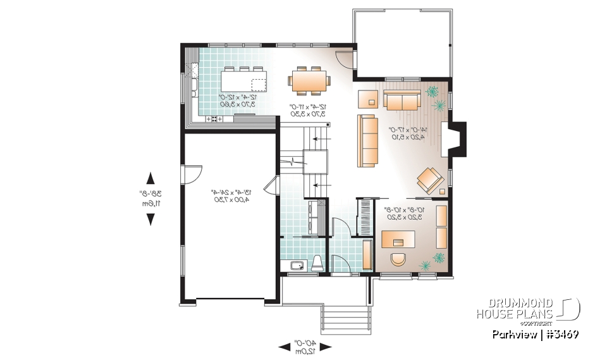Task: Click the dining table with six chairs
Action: (309, 80)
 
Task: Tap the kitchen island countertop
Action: (244, 81)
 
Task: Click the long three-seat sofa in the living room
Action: (366, 140)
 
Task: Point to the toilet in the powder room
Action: (317, 263)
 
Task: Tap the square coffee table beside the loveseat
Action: (367, 99)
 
